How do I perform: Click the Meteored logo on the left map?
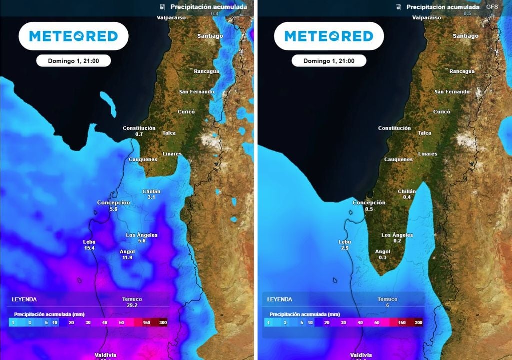pyautogui.click(x=73, y=36)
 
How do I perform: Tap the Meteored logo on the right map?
pyautogui.click(x=329, y=36)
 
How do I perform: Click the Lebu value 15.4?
pyautogui.click(x=89, y=248)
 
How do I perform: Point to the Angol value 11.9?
pyautogui.click(x=127, y=258)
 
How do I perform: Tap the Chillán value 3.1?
pyautogui.click(x=151, y=197)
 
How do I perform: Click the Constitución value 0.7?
pyautogui.click(x=139, y=134)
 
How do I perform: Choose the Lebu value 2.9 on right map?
pyautogui.click(x=345, y=248)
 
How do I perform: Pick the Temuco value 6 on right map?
pyautogui.click(x=387, y=305)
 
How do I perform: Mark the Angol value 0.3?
pyautogui.click(x=383, y=258)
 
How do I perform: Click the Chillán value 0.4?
pyautogui.click(x=407, y=197)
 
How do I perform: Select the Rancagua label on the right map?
pyautogui.click(x=462, y=71)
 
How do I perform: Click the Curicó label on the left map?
pyautogui.click(x=186, y=112)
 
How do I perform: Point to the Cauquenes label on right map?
pyautogui.click(x=398, y=160)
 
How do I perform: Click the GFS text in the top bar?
pyautogui.click(x=492, y=7)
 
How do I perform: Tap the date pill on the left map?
pyautogui.click(x=73, y=61)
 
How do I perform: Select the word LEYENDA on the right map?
pyautogui.click(x=280, y=300)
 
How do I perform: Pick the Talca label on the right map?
pyautogui.click(x=424, y=133)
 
